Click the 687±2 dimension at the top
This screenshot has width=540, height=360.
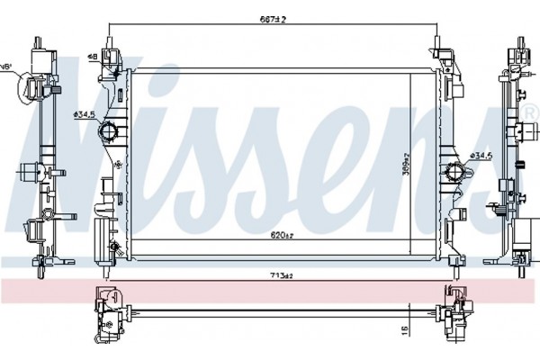click(274, 18)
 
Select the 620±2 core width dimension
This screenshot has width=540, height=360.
click(282, 236)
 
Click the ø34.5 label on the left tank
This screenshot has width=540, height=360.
click(84, 114)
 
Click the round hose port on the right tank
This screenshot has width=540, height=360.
click(451, 170)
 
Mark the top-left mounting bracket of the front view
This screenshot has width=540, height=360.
click(111, 58)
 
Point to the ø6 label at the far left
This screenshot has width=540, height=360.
click(5, 67)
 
